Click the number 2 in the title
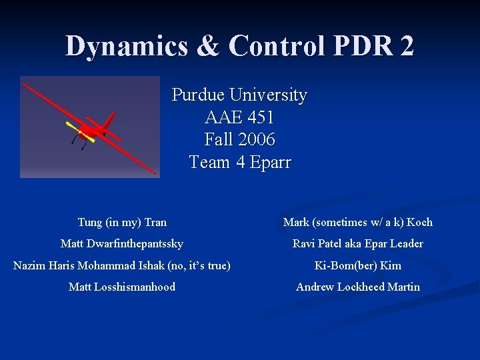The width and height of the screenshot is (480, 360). (x=405, y=46)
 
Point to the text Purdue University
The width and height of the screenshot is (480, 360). (x=239, y=95)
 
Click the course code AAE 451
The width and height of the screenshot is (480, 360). (x=239, y=118)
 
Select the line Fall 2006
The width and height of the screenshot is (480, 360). (x=239, y=140)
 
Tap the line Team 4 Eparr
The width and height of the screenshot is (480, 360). (x=239, y=162)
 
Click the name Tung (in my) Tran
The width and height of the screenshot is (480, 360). (x=122, y=222)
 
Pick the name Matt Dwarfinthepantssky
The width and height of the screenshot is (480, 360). (x=122, y=244)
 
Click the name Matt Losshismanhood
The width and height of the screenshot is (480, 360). (x=122, y=287)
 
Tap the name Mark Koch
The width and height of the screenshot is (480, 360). (x=358, y=222)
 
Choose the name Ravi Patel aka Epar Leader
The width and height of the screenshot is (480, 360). (x=358, y=244)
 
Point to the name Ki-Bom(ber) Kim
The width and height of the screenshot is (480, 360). (x=358, y=265)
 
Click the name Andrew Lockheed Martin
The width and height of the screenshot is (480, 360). (x=358, y=287)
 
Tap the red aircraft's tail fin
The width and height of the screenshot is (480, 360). (x=108, y=121)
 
